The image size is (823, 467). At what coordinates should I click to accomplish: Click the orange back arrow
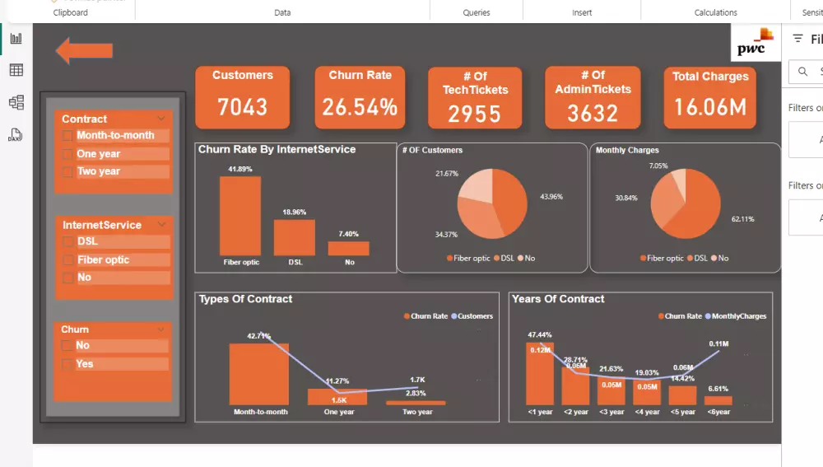(x=83, y=50)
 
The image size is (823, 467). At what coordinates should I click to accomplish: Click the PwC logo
(x=754, y=43)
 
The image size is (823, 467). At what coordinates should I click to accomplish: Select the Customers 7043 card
(x=242, y=97)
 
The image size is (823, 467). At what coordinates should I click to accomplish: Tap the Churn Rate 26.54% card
(x=360, y=97)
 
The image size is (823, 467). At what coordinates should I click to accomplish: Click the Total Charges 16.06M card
(x=709, y=97)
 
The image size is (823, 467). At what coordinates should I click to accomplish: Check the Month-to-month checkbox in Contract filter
(x=67, y=136)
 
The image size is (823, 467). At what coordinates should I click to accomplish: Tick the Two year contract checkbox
(x=67, y=172)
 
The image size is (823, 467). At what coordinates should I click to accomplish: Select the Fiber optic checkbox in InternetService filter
(x=67, y=260)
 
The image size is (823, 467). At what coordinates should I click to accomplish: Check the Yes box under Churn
(x=67, y=364)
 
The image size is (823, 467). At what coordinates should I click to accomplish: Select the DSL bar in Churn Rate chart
(x=294, y=237)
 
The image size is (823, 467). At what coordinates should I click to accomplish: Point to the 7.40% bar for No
(x=348, y=248)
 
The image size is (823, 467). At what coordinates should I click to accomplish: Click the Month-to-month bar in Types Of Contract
(x=258, y=374)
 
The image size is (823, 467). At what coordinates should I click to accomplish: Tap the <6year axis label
(x=718, y=412)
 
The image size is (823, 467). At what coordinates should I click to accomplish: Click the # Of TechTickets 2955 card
(x=475, y=98)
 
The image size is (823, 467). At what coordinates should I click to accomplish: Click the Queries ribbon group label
(x=477, y=12)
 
